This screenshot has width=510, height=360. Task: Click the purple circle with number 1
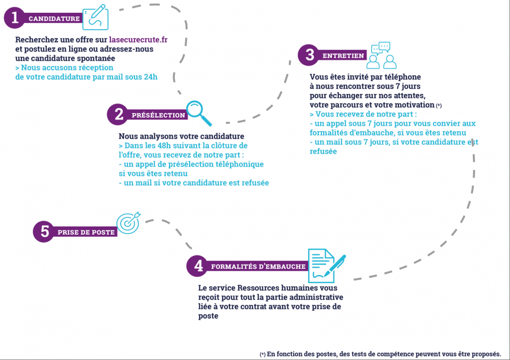point(14,18)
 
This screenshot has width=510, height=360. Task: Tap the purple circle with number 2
point(118,114)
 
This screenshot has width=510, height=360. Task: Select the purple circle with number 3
point(309,55)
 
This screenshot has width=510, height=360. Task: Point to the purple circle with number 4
point(197,265)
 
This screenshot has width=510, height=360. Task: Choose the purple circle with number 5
point(44,231)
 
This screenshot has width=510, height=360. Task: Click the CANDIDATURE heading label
point(54,19)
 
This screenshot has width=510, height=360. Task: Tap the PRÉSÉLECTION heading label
point(158,115)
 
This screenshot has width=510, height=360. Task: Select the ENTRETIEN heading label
point(343,56)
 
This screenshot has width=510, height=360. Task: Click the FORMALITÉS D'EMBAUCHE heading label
point(258,267)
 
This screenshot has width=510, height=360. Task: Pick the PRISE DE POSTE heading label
point(86,232)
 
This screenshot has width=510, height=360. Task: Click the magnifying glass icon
point(199,113)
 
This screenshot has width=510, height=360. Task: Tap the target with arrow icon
point(129,223)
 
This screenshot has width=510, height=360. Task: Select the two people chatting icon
point(381,55)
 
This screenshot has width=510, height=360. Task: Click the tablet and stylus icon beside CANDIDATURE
point(95,17)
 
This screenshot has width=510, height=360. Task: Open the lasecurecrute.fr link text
point(138,40)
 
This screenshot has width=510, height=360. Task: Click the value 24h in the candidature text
point(150,77)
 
